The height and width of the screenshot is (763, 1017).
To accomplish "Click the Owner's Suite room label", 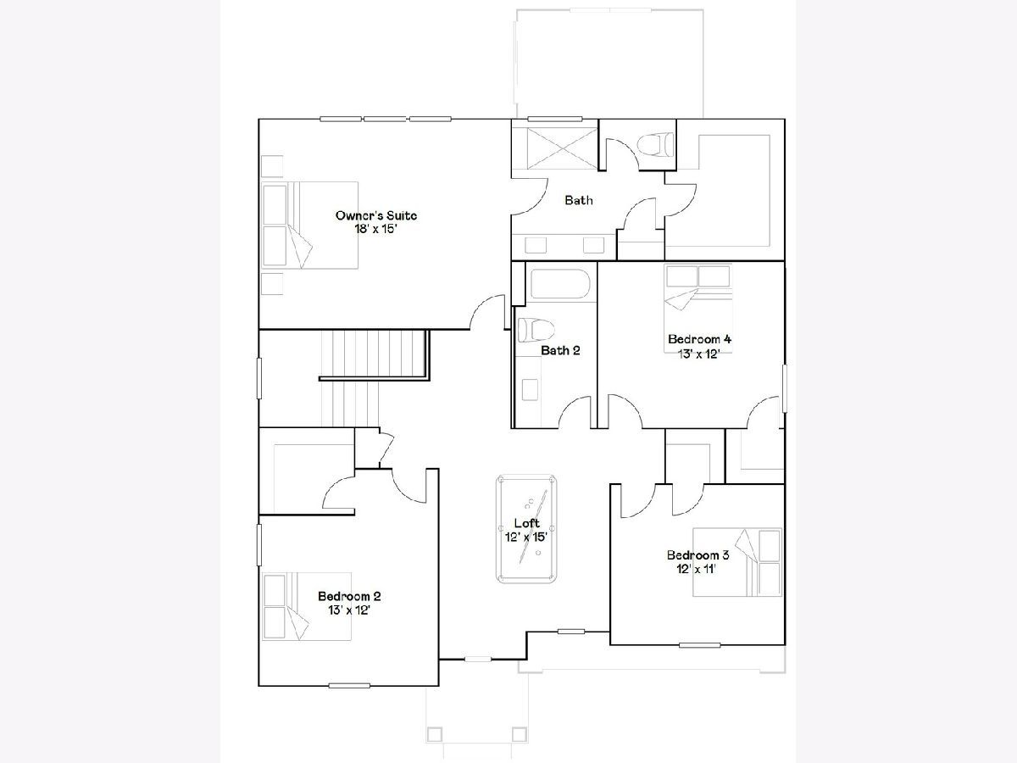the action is click(x=375, y=215).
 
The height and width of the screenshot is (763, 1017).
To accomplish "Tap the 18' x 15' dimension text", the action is click(x=375, y=229).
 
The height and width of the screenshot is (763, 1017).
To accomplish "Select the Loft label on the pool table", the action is click(x=527, y=523).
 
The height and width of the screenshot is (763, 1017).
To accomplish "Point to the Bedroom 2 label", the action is click(x=349, y=596).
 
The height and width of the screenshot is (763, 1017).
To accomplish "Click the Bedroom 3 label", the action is click(x=697, y=554).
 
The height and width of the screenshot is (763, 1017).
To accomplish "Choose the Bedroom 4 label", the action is click(x=699, y=339).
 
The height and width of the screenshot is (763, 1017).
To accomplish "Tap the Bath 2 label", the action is click(x=560, y=350).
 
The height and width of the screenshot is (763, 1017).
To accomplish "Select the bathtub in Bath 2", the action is click(x=560, y=284).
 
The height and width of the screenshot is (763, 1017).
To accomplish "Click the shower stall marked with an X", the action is click(x=562, y=148).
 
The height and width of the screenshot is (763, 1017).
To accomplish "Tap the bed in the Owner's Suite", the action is click(x=310, y=226).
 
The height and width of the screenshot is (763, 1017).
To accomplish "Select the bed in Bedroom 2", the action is click(x=307, y=606).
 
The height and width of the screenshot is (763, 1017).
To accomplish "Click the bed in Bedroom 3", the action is click(x=737, y=562).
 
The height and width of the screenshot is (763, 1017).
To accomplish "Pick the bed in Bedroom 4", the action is click(x=697, y=309).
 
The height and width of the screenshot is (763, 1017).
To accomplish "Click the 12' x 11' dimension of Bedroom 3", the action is click(x=697, y=569).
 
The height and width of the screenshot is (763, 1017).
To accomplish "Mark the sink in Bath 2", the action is click(x=530, y=390).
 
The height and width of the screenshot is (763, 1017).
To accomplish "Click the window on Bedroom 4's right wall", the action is click(x=785, y=388).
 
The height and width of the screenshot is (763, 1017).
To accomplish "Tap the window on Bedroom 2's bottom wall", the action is click(x=349, y=686).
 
